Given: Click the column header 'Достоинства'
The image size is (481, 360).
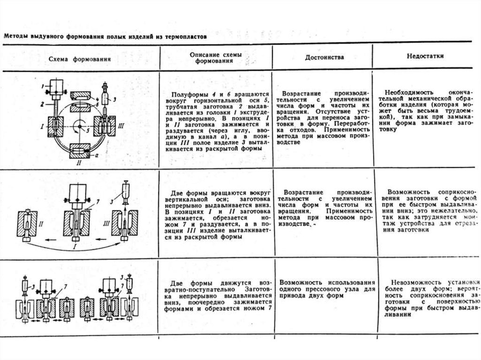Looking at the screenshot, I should click(x=325, y=57).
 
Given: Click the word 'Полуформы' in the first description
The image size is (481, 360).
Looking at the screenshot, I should click(x=186, y=95).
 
